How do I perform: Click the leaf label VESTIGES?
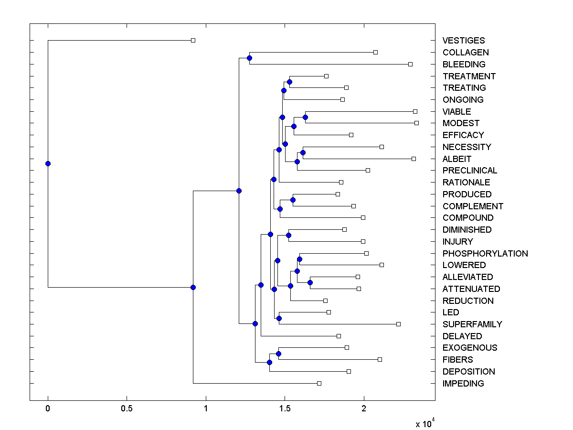pyautogui.click(x=463, y=41)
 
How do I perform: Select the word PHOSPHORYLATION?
pyautogui.click(x=485, y=254)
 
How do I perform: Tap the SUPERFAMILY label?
pyautogui.click(x=472, y=324)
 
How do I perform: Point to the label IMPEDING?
pyautogui.click(x=463, y=384)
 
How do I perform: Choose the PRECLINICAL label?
pyautogui.click(x=469, y=171)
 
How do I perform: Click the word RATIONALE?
pyautogui.click(x=466, y=183)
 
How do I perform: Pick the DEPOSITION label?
pyautogui.click(x=468, y=372)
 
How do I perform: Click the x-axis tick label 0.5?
pyautogui.click(x=127, y=409)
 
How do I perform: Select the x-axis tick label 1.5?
pyautogui.click(x=285, y=409)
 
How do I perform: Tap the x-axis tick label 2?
pyautogui.click(x=364, y=409)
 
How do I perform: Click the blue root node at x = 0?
pyautogui.click(x=48, y=163)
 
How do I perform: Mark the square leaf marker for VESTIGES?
pyautogui.click(x=193, y=40)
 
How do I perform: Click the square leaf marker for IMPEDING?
pyautogui.click(x=319, y=383)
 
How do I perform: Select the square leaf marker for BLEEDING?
pyautogui.click(x=410, y=64)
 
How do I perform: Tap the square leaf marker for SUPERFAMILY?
pyautogui.click(x=398, y=324)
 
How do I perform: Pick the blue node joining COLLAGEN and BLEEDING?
pyautogui.click(x=249, y=58)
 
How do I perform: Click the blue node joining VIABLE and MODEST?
pyautogui.click(x=306, y=117)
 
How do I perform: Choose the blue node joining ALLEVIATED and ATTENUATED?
pyautogui.click(x=310, y=282)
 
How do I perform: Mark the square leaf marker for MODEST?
pyautogui.click(x=416, y=123)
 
